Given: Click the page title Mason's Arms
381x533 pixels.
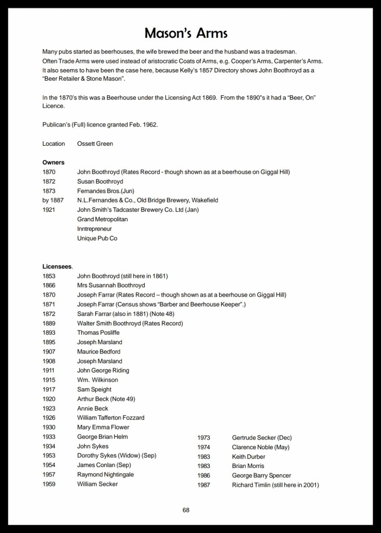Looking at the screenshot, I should pos(186,33).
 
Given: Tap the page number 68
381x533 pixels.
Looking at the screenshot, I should pos(186,510).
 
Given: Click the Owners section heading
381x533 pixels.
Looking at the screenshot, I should pos(53,162).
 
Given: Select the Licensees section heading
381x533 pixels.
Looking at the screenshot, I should pos(58,266).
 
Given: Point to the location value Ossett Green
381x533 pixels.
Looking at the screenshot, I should pos(95,144).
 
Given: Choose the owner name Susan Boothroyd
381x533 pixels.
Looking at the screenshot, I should pos(100,182).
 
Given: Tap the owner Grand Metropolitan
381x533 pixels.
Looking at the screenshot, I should pos(102,219).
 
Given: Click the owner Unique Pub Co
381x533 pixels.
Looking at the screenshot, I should pos(97,238).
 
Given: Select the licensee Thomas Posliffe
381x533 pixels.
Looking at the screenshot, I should pos(98,333).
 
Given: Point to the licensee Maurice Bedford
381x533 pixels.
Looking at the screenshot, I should pos(98,352).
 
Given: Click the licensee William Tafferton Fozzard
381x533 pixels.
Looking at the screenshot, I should pos(110,417).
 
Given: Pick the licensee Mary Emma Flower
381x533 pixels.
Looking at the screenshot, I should pos(103,427).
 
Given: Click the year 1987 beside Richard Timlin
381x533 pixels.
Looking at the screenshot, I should pos(204,485).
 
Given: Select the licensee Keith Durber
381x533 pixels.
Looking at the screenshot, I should pos(248,456).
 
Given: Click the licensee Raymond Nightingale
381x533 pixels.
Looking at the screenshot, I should pos(105,475).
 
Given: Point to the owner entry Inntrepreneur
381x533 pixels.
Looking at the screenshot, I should pos(94,229).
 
